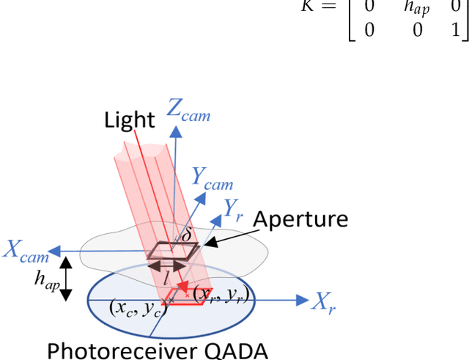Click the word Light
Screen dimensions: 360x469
tap(130, 119)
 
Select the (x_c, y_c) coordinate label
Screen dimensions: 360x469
tap(138, 309)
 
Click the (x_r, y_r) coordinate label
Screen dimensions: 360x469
tap(220, 295)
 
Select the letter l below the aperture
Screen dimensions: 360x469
tap(167, 279)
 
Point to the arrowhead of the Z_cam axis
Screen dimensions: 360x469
tap(176, 129)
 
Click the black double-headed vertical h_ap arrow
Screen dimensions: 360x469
tap(65, 278)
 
